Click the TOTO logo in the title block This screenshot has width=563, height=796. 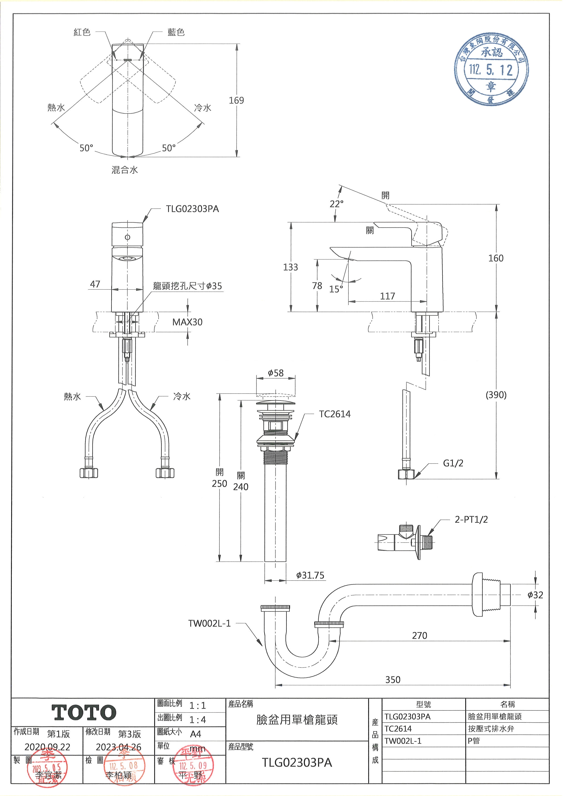(84, 713)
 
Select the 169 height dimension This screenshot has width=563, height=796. (236, 101)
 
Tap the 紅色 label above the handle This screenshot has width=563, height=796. (82, 32)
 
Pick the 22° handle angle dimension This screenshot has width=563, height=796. (336, 204)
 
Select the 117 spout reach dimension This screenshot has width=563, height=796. (387, 296)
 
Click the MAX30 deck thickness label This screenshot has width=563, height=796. (187, 322)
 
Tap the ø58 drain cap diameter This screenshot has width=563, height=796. (276, 373)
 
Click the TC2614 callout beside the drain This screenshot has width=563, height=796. (335, 414)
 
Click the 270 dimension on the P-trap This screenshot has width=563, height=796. (420, 636)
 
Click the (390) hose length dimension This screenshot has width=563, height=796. (496, 395)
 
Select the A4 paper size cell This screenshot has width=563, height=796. (195, 734)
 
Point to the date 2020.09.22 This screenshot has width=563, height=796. (47, 747)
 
